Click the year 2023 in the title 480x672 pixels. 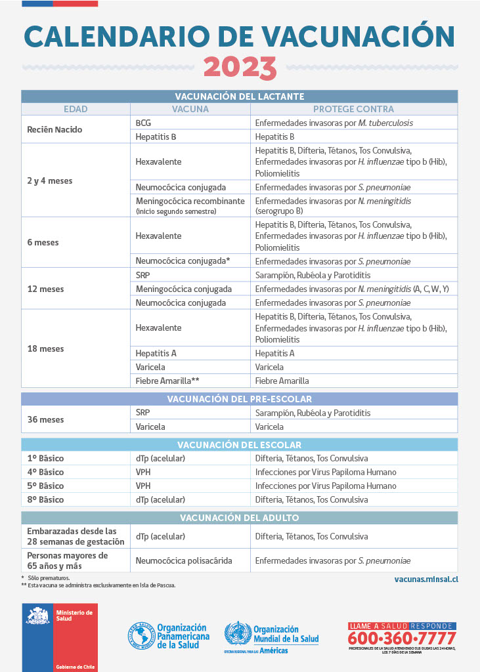click(240, 67)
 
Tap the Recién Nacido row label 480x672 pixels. click(55, 129)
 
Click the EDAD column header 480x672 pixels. click(76, 109)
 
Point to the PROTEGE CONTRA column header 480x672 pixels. click(353, 109)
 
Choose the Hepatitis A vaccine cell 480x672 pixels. click(156, 353)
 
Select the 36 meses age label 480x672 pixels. click(45, 419)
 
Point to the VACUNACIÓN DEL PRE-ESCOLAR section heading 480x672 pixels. click(239, 399)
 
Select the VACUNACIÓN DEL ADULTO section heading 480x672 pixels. click(239, 518)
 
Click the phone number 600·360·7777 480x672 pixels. click(401, 638)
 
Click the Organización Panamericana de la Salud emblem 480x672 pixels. click(142, 636)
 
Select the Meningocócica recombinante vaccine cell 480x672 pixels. click(190, 205)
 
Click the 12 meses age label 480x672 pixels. click(45, 289)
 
